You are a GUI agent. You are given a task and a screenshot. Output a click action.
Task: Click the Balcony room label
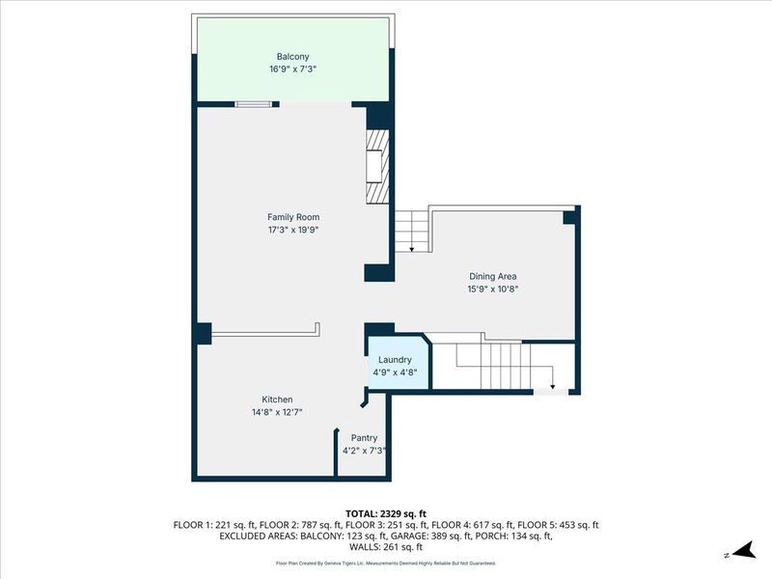(292, 57)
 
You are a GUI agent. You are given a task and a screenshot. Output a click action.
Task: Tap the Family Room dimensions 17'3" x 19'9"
(293, 230)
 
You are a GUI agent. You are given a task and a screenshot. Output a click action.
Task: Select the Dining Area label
(493, 276)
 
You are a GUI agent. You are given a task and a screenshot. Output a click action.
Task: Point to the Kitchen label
(277, 400)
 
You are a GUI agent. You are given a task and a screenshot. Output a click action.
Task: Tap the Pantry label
(365, 438)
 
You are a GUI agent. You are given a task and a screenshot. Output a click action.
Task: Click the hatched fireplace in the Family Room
(377, 166)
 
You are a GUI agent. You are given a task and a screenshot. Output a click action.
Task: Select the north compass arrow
(743, 550)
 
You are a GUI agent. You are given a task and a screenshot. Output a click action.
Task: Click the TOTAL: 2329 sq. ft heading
(386, 514)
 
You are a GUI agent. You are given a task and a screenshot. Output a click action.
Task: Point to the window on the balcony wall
(253, 104)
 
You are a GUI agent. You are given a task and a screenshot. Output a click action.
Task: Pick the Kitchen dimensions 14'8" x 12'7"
(277, 412)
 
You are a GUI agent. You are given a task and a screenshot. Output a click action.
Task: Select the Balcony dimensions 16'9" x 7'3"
(292, 69)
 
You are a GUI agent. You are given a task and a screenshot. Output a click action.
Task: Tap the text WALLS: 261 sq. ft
(386, 547)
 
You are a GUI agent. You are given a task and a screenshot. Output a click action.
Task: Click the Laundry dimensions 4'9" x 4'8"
(395, 372)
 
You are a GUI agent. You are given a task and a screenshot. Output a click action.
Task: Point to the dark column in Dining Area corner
(569, 217)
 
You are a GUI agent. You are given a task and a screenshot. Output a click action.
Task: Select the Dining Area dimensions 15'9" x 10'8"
(493, 289)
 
